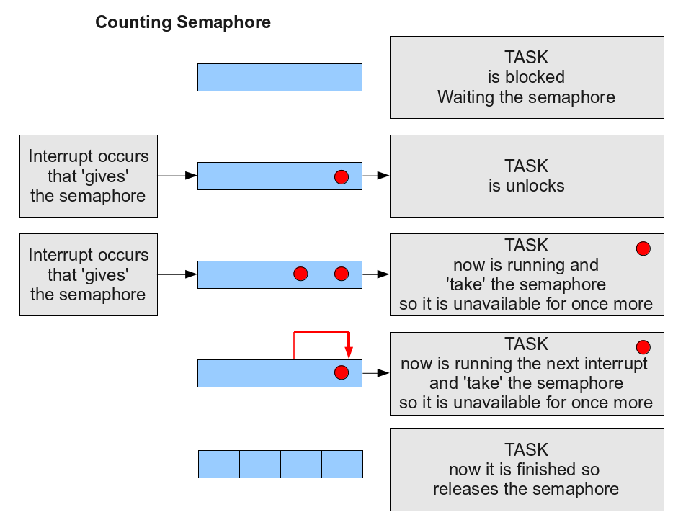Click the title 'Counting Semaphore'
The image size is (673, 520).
click(x=183, y=22)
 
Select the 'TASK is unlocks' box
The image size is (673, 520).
click(x=527, y=176)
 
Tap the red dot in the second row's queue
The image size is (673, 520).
click(x=342, y=176)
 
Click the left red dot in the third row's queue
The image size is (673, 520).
click(x=300, y=274)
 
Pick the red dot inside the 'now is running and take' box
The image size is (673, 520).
click(x=643, y=248)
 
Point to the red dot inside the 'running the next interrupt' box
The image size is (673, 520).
click(x=643, y=347)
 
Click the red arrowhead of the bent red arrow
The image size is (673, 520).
click(x=349, y=353)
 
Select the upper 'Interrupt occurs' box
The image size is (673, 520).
click(x=89, y=176)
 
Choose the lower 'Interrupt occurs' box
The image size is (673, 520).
click(x=89, y=274)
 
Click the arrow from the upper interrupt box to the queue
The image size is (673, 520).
click(x=177, y=176)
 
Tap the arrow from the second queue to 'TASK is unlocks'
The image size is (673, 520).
click(x=376, y=176)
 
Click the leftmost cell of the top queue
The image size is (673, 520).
click(x=218, y=77)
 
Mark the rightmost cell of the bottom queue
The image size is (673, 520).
click(x=342, y=464)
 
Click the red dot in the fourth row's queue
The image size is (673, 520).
click(x=342, y=372)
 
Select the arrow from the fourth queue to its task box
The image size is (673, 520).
click(x=376, y=373)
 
